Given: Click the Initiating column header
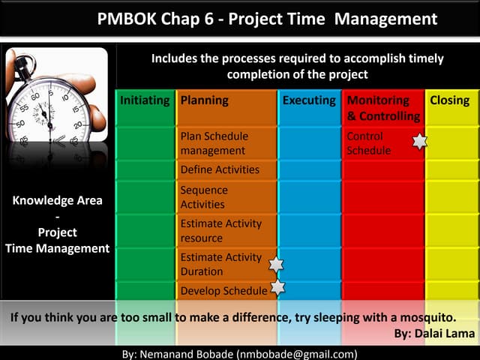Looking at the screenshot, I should [x=145, y=100].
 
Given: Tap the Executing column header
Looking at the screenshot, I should [x=309, y=100].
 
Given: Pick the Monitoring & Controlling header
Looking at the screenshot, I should [x=383, y=108].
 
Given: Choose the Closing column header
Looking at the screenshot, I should [x=450, y=100].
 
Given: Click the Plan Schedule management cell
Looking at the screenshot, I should [x=214, y=143].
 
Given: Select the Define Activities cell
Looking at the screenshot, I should [x=220, y=169].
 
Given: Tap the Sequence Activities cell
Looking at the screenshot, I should [x=204, y=197].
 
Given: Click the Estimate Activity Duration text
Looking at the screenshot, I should [x=221, y=264].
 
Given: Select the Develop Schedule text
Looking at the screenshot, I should [x=223, y=291].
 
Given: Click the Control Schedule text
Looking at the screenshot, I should [x=368, y=143].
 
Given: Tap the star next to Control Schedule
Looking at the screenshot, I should [x=420, y=141].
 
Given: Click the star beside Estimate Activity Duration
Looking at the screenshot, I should [x=276, y=264].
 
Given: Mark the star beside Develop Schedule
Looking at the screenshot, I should [x=277, y=286].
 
